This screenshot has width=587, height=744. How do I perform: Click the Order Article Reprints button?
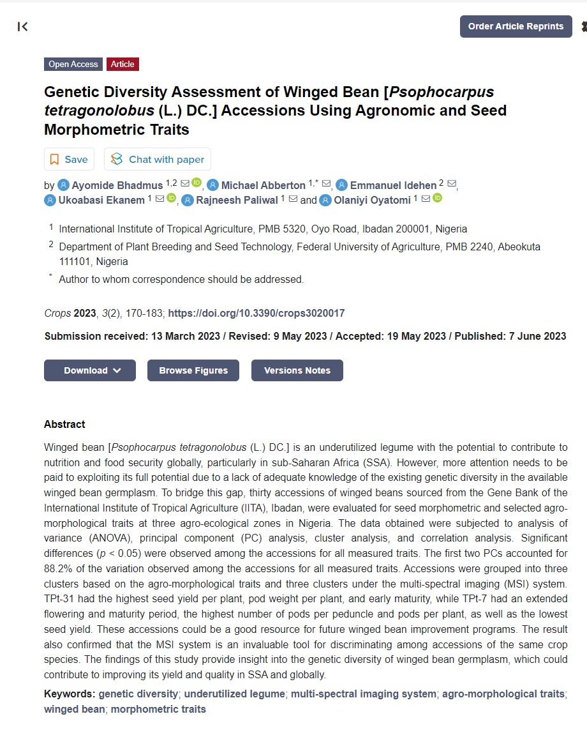[516, 26]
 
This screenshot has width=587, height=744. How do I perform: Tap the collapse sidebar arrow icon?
[23, 26]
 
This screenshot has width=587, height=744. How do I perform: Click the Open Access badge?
[73, 64]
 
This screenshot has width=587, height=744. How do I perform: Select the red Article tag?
[123, 64]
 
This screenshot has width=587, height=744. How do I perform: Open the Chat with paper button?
[158, 159]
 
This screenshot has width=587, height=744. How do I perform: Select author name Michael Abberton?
[263, 185]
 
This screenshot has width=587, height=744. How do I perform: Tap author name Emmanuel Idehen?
[393, 185]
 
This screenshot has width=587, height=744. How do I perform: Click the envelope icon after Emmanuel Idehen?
[452, 184]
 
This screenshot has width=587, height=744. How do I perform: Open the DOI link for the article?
[256, 313]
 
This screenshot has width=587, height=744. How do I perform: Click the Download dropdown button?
[90, 370]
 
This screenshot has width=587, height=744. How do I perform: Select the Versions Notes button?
[297, 370]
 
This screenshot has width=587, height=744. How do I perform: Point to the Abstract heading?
[64, 424]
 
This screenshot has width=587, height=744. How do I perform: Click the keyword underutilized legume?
[234, 694]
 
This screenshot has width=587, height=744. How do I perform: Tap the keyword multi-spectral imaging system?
[364, 694]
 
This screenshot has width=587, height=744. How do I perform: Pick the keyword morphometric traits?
[158, 709]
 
